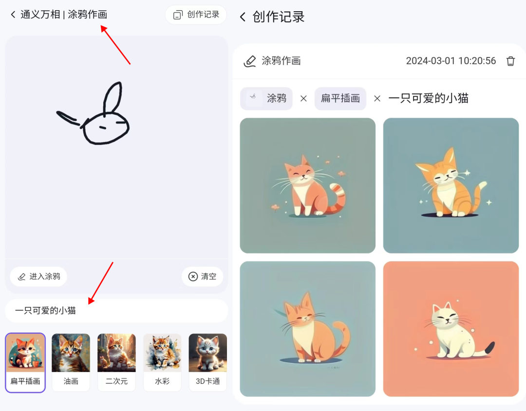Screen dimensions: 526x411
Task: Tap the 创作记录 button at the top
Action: pyautogui.click(x=196, y=15)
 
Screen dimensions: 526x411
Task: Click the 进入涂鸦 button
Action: pyautogui.click(x=38, y=276)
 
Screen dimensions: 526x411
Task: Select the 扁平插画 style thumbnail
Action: pyautogui.click(x=25, y=362)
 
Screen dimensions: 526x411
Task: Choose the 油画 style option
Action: pyautogui.click(x=71, y=362)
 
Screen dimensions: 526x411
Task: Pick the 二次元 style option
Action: pyautogui.click(x=116, y=362)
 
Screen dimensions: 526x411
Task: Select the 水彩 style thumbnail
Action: pyautogui.click(x=162, y=362)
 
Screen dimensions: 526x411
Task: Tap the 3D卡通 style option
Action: pyautogui.click(x=207, y=362)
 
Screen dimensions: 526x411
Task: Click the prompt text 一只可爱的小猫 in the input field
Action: pyautogui.click(x=45, y=310)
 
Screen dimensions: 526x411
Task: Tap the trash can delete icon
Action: pyautogui.click(x=510, y=61)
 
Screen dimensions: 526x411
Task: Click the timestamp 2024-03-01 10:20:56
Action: pyautogui.click(x=451, y=61)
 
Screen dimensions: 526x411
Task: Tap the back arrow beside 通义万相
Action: pyautogui.click(x=13, y=15)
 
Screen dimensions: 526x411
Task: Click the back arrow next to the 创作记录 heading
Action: pyautogui.click(x=243, y=17)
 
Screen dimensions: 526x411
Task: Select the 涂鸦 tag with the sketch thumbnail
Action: pyautogui.click(x=266, y=98)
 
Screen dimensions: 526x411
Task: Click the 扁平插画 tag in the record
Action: pyautogui.click(x=340, y=98)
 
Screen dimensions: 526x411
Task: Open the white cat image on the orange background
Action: pyautogui.click(x=451, y=329)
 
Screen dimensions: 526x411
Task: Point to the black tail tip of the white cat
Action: pyautogui.click(x=490, y=347)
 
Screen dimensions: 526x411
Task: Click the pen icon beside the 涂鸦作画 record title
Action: pyautogui.click(x=249, y=61)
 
